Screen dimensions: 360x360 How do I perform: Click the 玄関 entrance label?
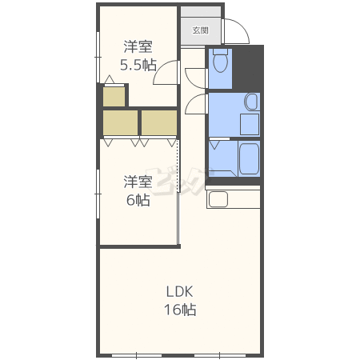click(200, 30)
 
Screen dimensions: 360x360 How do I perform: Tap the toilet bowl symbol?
click(220, 61)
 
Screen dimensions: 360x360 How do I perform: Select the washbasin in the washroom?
click(251, 102)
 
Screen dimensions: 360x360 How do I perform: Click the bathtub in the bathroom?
click(249, 158)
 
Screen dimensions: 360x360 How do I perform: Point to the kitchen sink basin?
click(218, 199)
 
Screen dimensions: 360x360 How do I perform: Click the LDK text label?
click(179, 292)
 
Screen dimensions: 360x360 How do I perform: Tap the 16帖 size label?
click(180, 310)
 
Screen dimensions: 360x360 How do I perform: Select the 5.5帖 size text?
click(138, 65)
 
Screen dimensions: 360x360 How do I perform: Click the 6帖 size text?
click(138, 200)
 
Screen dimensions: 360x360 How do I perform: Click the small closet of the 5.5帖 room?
click(114, 96)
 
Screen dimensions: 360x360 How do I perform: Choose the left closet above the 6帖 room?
click(120, 122)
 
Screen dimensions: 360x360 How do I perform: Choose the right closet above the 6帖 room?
click(159, 122)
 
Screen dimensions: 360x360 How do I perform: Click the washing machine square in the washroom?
click(250, 124)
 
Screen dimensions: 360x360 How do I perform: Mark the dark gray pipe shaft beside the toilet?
click(248, 68)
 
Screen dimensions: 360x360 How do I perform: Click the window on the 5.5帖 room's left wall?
click(98, 57)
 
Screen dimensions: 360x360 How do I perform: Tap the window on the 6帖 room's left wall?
click(98, 194)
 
